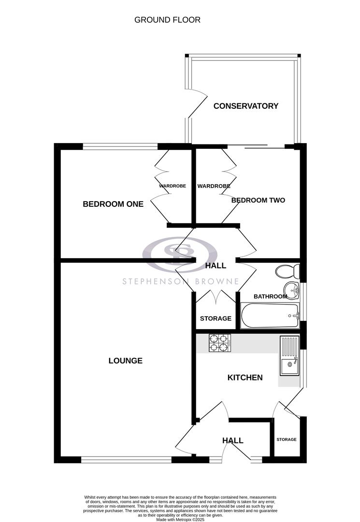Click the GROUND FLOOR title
tap(167, 20)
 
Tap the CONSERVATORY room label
tap(246, 106)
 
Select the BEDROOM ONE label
tap(113, 204)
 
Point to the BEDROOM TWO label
tap(258, 200)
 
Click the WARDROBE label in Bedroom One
tap(173, 186)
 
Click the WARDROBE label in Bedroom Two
tap(214, 186)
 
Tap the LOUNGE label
tap(125, 361)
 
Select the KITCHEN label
tap(245, 377)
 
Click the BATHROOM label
tap(271, 296)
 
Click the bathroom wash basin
tap(291, 290)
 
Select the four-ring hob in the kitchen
tap(218, 343)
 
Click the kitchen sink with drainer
tap(289, 356)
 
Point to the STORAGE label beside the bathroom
tap(216, 319)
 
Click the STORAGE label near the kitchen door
tap(286, 439)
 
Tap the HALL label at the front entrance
tap(232, 440)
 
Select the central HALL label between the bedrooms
tap(216, 266)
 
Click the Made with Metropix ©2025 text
tap(180, 519)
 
